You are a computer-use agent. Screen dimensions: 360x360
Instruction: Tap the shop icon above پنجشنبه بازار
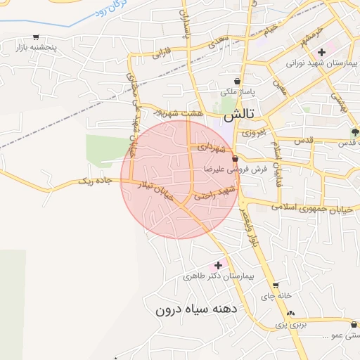pyautogui.click(x=36, y=37)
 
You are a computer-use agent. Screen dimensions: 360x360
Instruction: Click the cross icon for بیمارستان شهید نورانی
pyautogui.click(x=321, y=52)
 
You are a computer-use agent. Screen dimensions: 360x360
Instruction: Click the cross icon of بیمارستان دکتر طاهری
pyautogui.click(x=218, y=265)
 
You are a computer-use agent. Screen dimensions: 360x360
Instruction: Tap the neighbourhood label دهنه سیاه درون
pyautogui.click(x=198, y=309)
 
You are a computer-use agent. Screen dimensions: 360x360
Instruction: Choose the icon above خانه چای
pyautogui.click(x=276, y=285)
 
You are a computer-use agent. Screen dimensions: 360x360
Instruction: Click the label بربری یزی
pyautogui.click(x=292, y=326)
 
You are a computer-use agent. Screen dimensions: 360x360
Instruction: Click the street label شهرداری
pyautogui.click(x=212, y=148)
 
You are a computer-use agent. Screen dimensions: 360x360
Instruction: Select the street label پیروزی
pyautogui.click(x=253, y=131)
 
